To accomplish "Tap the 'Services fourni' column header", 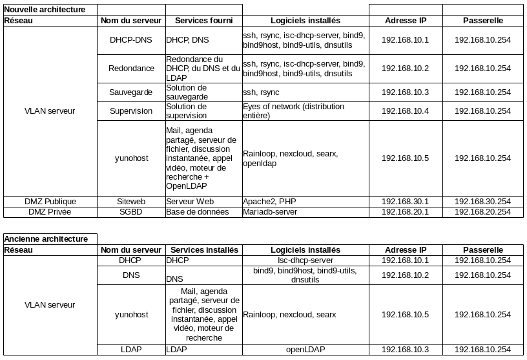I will [x=203, y=21].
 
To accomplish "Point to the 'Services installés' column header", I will [x=203, y=250].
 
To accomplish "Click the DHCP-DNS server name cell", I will [x=131, y=40].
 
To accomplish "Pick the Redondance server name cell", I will [x=131, y=69].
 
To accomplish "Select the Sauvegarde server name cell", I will [x=131, y=92].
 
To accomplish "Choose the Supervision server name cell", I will [x=131, y=111].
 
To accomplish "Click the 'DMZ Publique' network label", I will [x=50, y=202].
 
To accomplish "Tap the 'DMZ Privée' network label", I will [x=50, y=212].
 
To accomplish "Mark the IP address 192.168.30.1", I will [x=406, y=202].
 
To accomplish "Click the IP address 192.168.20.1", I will [x=406, y=212].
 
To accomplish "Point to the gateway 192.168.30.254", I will [x=483, y=202].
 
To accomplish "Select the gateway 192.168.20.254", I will [x=483, y=212].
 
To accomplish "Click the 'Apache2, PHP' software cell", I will [x=269, y=202].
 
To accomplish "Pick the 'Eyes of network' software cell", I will [x=293, y=111].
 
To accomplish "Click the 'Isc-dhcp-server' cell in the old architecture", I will [x=305, y=260].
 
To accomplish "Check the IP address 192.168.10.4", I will [x=406, y=111].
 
